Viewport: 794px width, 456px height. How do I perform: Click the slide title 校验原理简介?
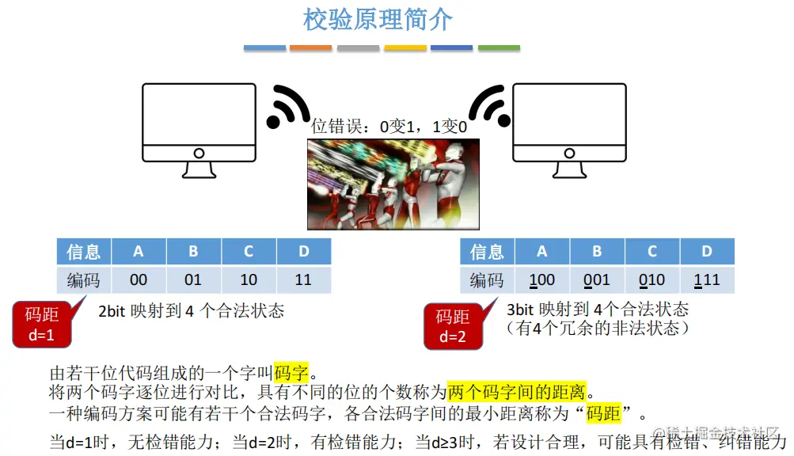(x=378, y=20)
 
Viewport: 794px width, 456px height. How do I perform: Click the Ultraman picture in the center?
(x=393, y=184)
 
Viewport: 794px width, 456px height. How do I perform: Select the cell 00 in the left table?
(x=139, y=280)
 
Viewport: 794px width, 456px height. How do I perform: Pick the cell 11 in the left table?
(x=304, y=280)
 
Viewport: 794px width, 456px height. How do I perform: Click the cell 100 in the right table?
(x=542, y=280)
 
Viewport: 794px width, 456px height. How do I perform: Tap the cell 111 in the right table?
(x=707, y=280)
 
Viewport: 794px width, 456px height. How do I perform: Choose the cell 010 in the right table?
(x=652, y=280)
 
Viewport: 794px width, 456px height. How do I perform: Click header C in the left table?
(x=249, y=252)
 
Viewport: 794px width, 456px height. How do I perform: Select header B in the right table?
(x=597, y=252)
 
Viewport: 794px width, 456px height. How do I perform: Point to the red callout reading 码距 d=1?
(x=42, y=324)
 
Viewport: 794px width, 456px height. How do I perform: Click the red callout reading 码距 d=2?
(x=453, y=325)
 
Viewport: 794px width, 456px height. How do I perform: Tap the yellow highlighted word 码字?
(x=291, y=372)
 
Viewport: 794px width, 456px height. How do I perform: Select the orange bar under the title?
(x=311, y=48)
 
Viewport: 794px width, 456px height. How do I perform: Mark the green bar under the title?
(x=499, y=48)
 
